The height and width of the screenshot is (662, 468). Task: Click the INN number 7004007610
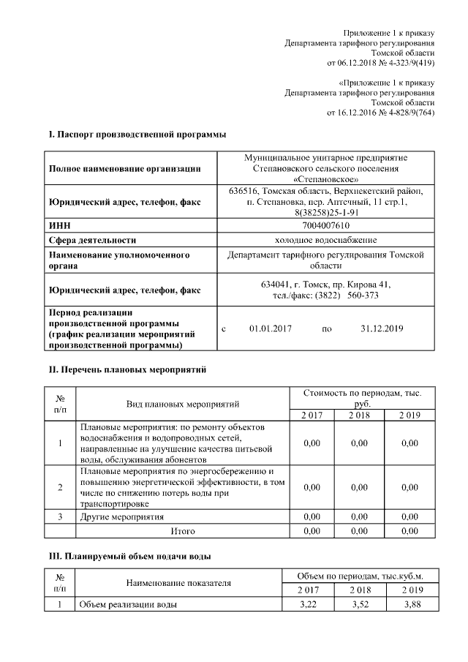[325, 226]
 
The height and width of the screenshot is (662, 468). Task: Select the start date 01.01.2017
[270, 328]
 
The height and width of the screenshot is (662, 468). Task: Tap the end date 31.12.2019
[382, 328]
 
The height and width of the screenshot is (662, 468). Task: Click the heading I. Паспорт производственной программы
[137, 135]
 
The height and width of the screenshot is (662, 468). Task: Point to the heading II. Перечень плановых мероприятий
[127, 370]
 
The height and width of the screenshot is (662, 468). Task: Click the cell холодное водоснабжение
[325, 240]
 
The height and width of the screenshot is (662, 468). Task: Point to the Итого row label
[183, 530]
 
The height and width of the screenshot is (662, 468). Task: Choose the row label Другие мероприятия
[121, 516]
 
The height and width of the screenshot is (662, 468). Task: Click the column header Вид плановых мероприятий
[183, 403]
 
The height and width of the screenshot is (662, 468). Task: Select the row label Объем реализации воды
[128, 604]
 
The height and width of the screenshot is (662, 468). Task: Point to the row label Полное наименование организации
[125, 169]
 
